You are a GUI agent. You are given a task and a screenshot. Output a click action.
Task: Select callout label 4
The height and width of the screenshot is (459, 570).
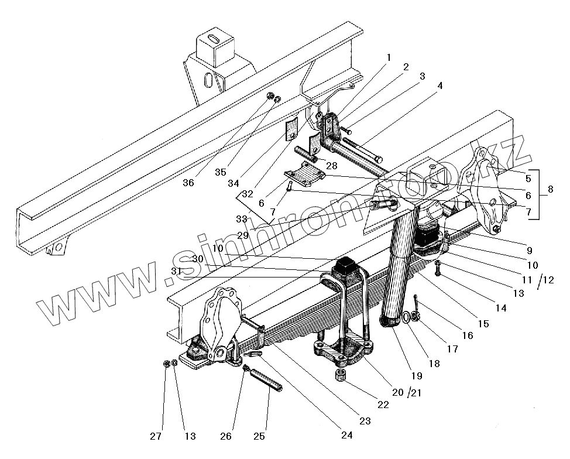pyautogui.click(x=439, y=85)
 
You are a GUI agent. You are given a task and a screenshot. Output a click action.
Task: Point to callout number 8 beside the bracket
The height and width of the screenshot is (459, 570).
pyautogui.click(x=551, y=190)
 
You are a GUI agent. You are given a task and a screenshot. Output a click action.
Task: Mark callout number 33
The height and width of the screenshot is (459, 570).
pyautogui.click(x=241, y=219)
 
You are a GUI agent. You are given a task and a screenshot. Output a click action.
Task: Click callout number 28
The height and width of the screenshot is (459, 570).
pyautogui.click(x=332, y=166)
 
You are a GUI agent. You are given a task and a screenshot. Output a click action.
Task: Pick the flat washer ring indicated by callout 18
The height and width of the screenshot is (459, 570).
pyautogui.click(x=405, y=318)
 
